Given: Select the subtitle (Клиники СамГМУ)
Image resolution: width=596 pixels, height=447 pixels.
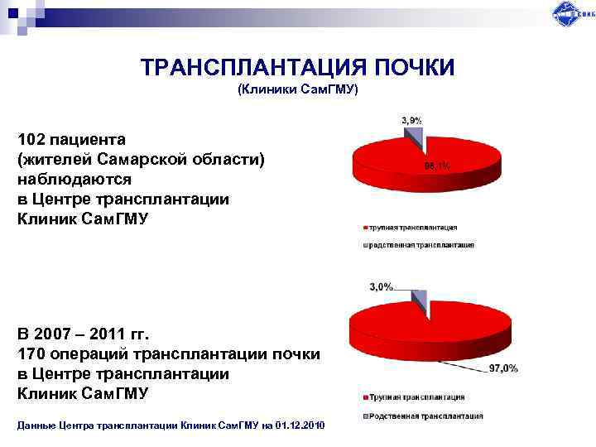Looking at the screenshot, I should tap(298, 88).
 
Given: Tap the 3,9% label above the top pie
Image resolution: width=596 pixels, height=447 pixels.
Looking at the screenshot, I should tap(412, 120).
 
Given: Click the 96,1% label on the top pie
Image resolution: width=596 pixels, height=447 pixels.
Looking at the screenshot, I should tap(437, 166).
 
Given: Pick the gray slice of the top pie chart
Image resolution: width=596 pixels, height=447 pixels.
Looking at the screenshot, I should tap(416, 134).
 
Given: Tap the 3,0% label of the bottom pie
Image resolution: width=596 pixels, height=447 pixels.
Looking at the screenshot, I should tap(380, 286).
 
